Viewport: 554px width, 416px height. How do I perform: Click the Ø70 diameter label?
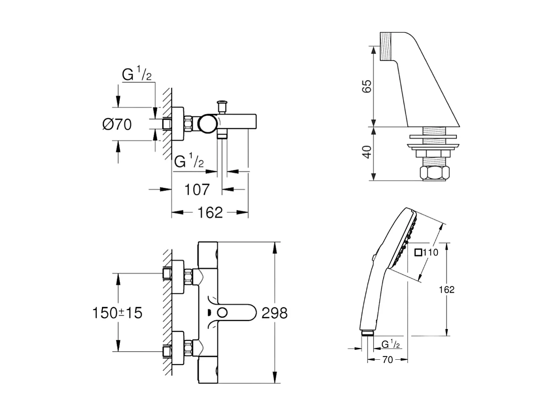point(117,124)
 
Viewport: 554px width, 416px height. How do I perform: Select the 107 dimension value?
point(196,190)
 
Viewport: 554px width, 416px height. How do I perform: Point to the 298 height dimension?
point(274,312)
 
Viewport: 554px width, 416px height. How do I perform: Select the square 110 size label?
point(427,252)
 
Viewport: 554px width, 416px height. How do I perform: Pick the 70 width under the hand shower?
point(387,360)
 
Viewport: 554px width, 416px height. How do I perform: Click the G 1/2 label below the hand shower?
point(390,345)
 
